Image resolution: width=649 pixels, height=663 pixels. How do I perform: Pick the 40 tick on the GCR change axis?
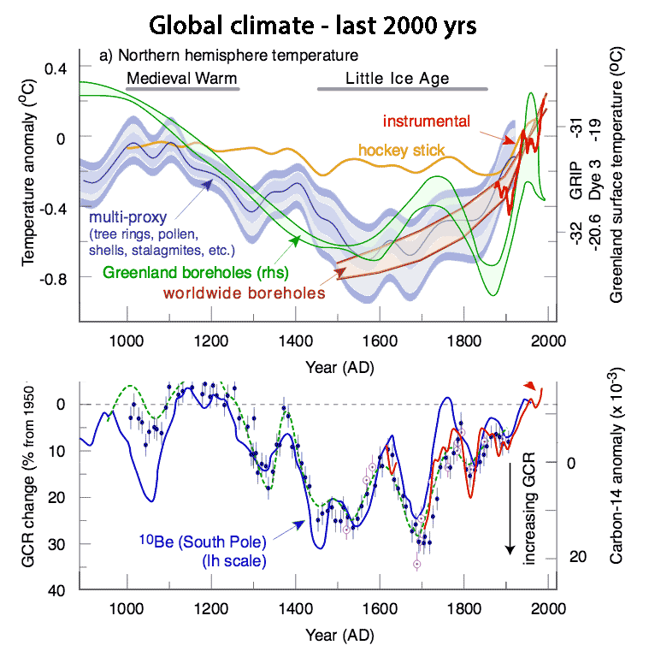(61, 590)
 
